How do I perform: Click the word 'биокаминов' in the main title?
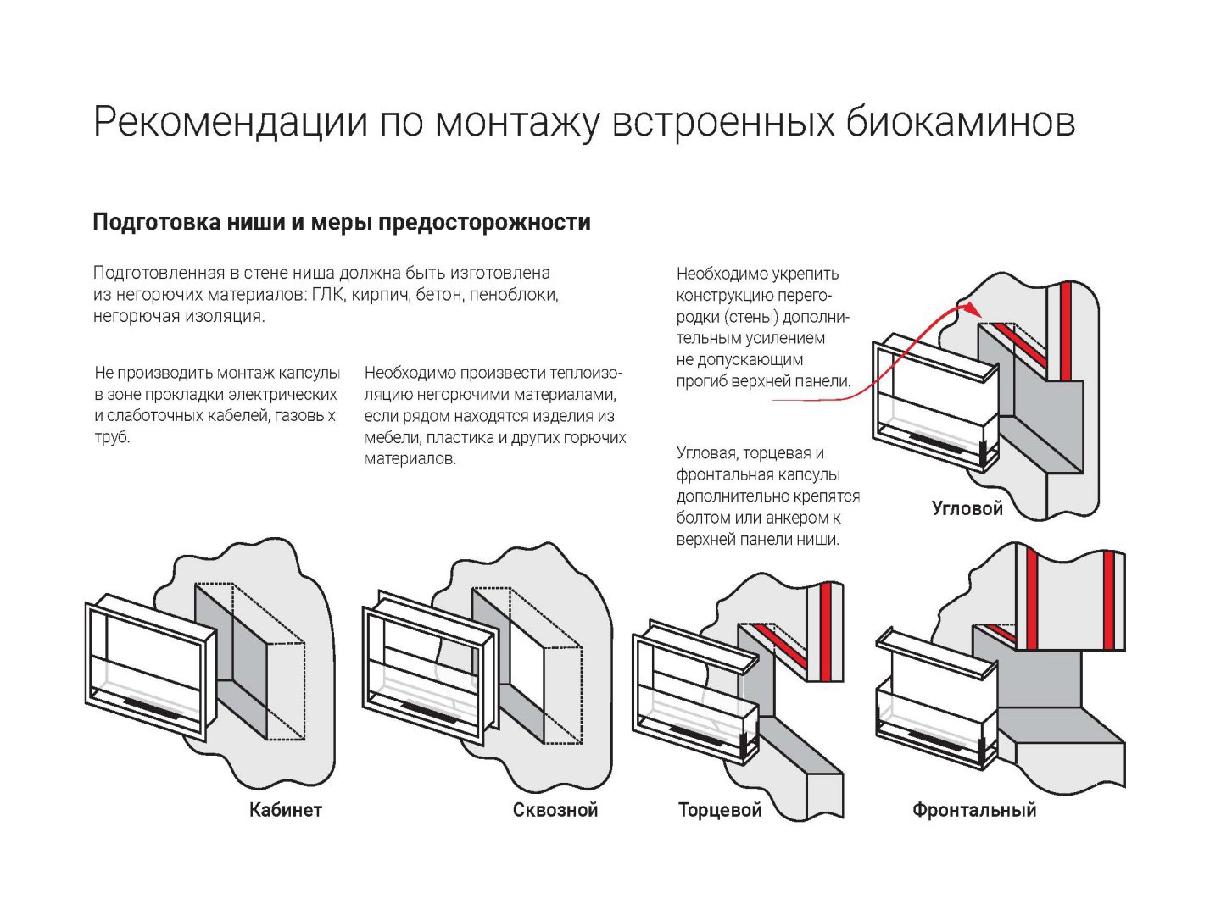coord(960,122)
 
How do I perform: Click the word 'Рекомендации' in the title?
coord(231,122)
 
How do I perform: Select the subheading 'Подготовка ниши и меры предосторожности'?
coord(341,223)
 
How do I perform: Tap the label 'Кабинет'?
coord(286,810)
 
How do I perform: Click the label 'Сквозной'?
coord(555,810)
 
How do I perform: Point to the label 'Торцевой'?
coord(720,810)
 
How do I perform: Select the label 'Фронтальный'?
coord(974,810)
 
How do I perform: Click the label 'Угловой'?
coord(967,508)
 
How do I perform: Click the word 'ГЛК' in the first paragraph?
coord(327,295)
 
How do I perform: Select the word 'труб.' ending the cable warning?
coord(112,438)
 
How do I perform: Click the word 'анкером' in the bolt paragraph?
coord(788,518)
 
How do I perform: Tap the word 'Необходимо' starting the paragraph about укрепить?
coord(721,274)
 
